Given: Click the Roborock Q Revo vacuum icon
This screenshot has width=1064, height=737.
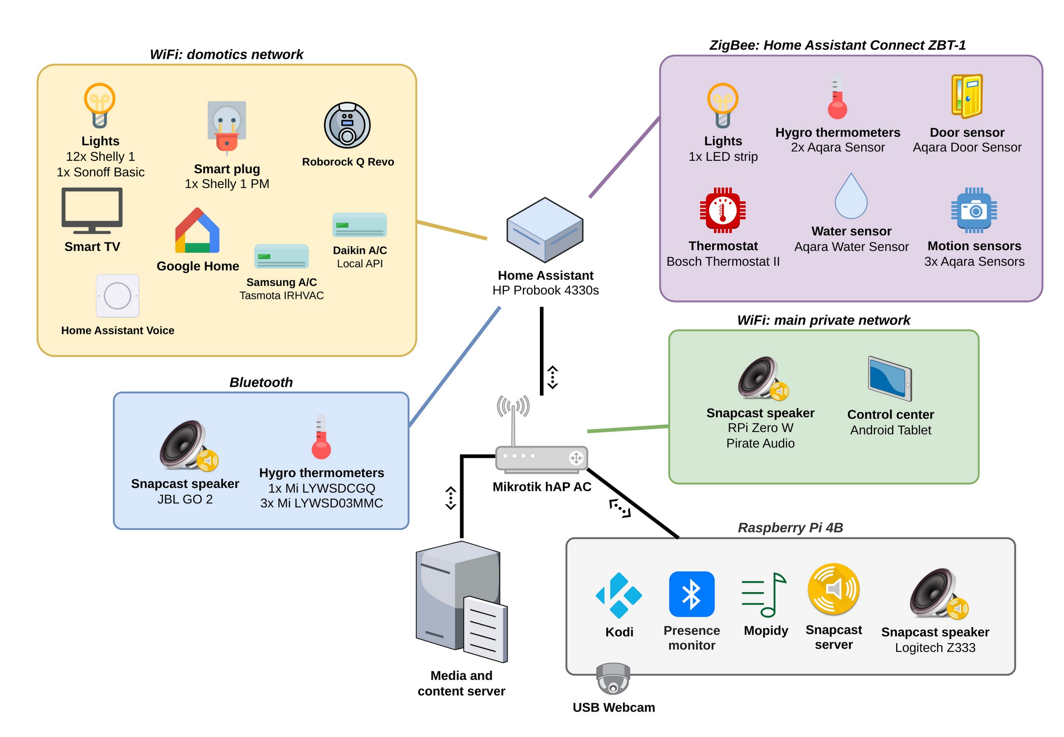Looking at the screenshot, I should pyautogui.click(x=347, y=125).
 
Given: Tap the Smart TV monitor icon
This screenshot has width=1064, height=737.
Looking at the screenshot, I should pyautogui.click(x=92, y=210).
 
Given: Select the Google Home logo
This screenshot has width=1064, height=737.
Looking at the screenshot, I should pyautogui.click(x=197, y=231).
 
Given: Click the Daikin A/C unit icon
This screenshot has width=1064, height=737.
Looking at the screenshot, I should pyautogui.click(x=359, y=225).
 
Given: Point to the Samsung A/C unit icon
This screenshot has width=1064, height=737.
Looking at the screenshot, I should pyautogui.click(x=281, y=256).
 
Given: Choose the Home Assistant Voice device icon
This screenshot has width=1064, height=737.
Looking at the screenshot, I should pyautogui.click(x=117, y=295).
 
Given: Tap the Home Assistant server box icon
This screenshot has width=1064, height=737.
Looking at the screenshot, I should pyautogui.click(x=545, y=230).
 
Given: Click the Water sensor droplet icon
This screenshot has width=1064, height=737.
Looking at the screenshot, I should pyautogui.click(x=851, y=196).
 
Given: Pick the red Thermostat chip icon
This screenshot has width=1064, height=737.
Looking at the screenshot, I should pyautogui.click(x=722, y=210).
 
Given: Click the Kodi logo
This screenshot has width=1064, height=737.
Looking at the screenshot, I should pyautogui.click(x=618, y=595).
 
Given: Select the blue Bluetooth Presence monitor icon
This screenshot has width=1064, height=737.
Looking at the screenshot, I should pyautogui.click(x=691, y=594).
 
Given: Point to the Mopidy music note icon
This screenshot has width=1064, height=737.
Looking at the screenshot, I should pyautogui.click(x=764, y=595).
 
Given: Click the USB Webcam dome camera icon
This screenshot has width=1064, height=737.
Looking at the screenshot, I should pyautogui.click(x=612, y=678).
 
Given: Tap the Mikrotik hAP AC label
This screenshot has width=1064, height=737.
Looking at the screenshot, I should pyautogui.click(x=541, y=487).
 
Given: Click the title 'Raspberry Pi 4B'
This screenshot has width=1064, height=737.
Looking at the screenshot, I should pyautogui.click(x=790, y=527).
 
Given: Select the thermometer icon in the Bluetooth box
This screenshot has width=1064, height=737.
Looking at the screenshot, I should pyautogui.click(x=321, y=437).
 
